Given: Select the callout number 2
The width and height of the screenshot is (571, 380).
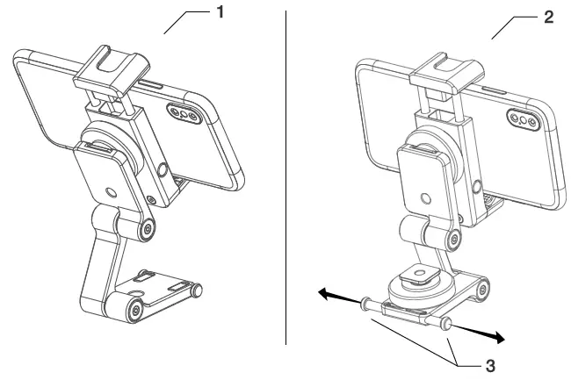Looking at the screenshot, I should pos(549,17).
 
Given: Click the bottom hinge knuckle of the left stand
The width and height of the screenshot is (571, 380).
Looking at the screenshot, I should pos(134,309).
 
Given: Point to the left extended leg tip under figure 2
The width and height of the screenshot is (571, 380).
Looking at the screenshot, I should pos(363,305).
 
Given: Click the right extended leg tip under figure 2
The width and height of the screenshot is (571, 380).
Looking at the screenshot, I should pos(449,326).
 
